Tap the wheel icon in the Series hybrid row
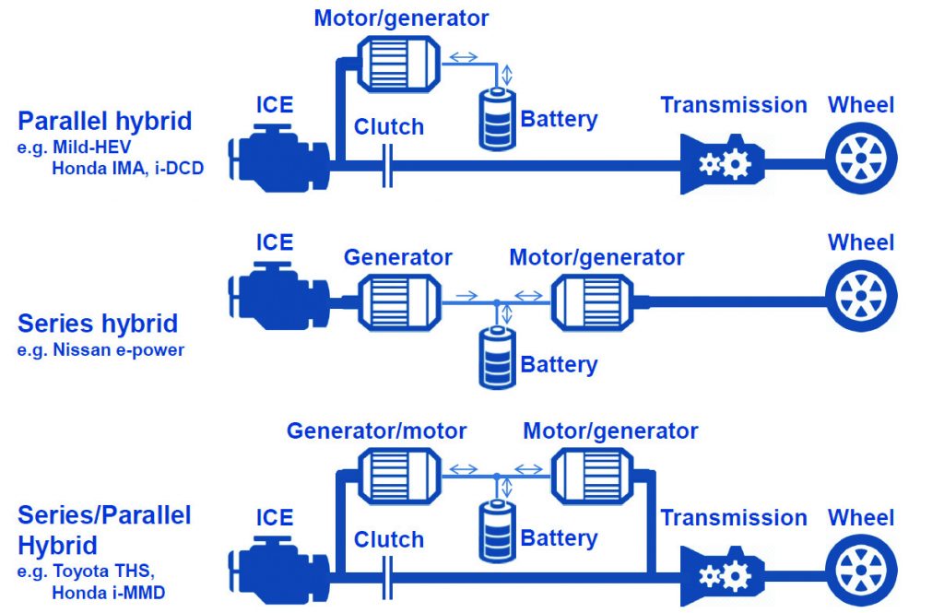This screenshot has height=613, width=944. point(861,297)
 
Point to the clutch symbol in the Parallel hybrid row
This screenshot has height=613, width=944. point(388,166)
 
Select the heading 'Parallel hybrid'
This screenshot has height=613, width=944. point(105,121)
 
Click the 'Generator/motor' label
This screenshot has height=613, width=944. point(376,430)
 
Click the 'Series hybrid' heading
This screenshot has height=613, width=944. point(98,324)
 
